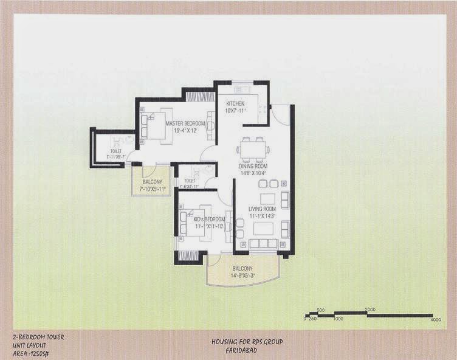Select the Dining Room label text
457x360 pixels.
click(252, 166)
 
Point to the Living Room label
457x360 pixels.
click(262, 209)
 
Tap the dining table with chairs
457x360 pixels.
click(252, 148)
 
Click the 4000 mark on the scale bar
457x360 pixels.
click(435, 319)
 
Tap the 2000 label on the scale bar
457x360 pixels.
click(370, 310)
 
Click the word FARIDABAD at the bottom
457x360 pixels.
click(247, 350)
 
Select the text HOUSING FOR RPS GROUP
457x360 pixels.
click(247, 342)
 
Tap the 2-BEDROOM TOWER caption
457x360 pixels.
click(38, 336)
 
